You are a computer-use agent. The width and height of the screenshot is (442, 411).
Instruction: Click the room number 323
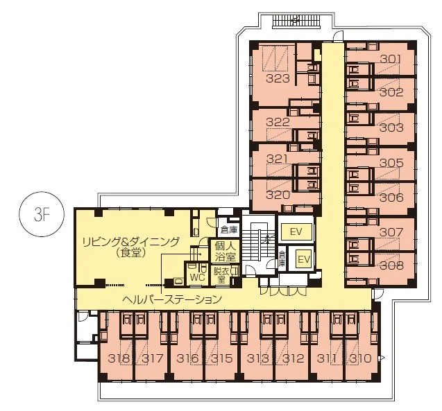pyautogui.click(x=278, y=78)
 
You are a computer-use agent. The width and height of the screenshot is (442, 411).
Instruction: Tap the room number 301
pyautogui.click(x=391, y=59)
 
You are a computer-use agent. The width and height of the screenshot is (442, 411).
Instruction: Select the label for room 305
pyautogui.click(x=391, y=163)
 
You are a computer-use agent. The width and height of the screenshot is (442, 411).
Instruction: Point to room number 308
pyautogui.click(x=391, y=265)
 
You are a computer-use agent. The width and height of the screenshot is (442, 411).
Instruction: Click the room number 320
pyautogui.click(x=278, y=195)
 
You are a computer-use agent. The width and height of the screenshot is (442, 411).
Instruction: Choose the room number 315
pyautogui.click(x=222, y=358)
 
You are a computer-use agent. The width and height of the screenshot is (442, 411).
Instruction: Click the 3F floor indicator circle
pyautogui.click(x=42, y=214)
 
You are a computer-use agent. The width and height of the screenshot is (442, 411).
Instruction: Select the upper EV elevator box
pyautogui.click(x=296, y=231)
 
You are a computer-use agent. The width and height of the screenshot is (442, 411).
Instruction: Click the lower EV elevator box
pyautogui.click(x=304, y=259)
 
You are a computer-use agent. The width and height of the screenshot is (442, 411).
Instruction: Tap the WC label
pyautogui.click(x=197, y=277)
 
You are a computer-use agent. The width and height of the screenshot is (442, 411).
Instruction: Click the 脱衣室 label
pyautogui.click(x=221, y=276)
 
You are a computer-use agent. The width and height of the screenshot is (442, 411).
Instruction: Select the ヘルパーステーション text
pyautogui.click(x=172, y=299)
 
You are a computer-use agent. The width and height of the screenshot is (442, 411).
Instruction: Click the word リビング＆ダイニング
pyautogui.click(x=130, y=241)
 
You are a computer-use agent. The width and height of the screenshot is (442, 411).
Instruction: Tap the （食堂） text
pyautogui.click(x=132, y=254)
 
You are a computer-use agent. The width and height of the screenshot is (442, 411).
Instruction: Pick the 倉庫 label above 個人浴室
pyautogui.click(x=229, y=230)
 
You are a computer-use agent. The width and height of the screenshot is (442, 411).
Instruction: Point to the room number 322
pyautogui.click(x=278, y=122)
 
